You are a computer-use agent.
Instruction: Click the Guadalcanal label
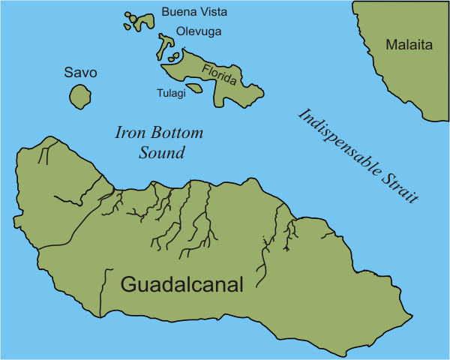182,285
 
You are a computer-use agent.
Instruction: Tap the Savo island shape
79,97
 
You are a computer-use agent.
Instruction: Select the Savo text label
80,73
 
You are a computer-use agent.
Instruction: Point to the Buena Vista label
194,13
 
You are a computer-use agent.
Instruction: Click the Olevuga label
199,31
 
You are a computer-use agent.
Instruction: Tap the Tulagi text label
169,93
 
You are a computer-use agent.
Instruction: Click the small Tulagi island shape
194,88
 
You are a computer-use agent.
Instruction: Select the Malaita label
409,45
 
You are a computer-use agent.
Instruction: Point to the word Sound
162,153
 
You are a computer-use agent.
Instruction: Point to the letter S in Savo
68,73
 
